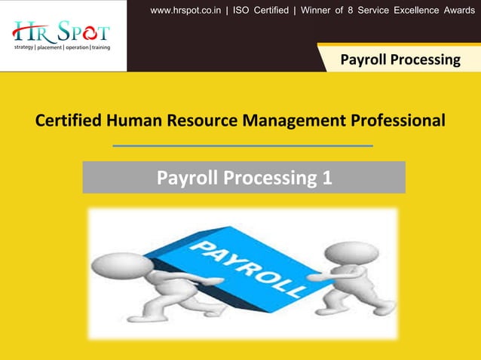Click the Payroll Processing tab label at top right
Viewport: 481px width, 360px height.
[400, 59]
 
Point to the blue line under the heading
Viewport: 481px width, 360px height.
[242, 145]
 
